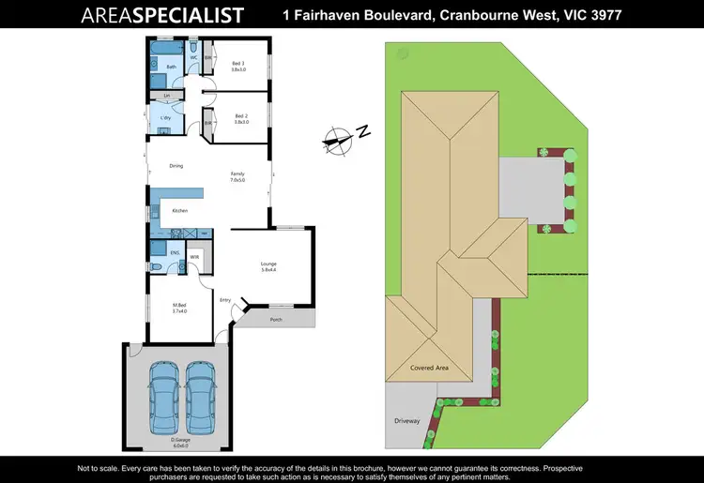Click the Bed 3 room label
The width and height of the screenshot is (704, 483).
pos(237,63)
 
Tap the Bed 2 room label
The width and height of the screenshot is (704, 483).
pos(237,117)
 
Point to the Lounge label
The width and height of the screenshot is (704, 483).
pos(268,266)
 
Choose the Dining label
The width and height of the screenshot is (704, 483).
pos(176,166)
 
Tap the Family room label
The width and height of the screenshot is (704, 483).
pos(237,174)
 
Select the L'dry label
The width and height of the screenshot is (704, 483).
pos(165,118)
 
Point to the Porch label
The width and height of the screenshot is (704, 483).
pos(275,320)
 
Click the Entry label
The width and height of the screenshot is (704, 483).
pos(225,300)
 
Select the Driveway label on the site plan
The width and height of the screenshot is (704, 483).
pos(406,422)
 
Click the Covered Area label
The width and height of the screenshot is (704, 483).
pos(429,369)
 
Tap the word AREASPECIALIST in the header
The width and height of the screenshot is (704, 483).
pos(162,16)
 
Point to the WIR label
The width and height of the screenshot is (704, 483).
pos(194,256)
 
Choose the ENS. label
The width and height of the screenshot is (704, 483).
pos(175,252)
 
